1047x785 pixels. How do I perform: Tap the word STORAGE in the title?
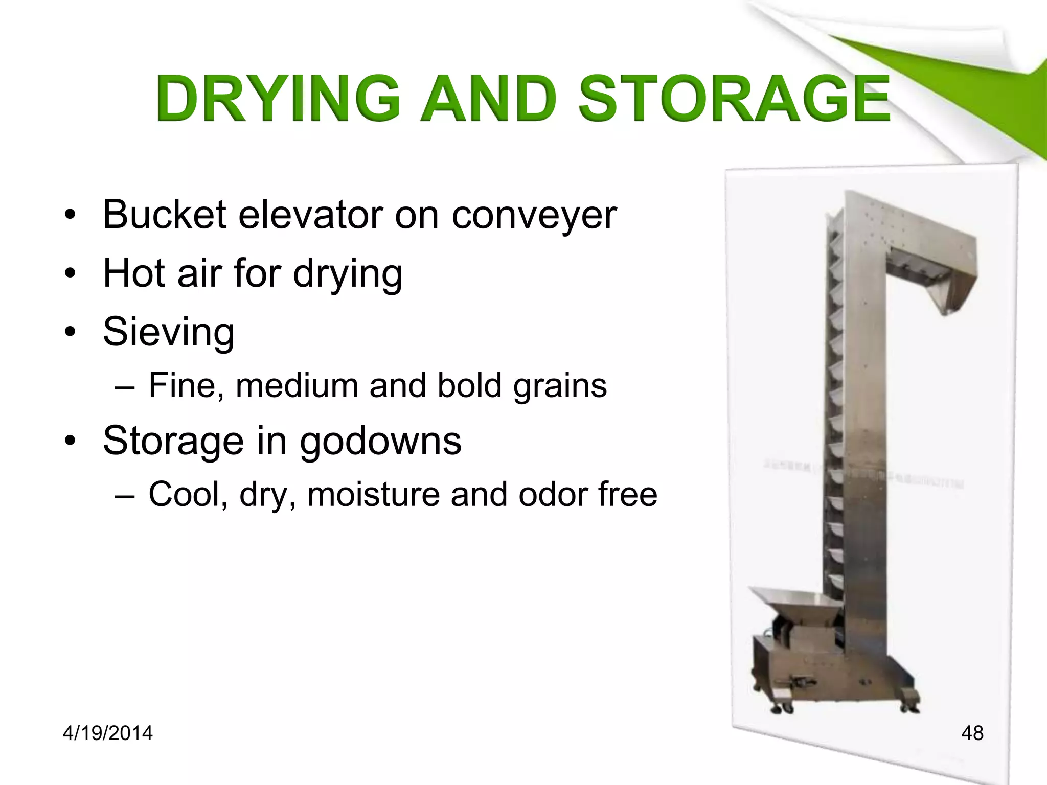[x=734, y=98]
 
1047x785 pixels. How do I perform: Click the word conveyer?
[x=534, y=215]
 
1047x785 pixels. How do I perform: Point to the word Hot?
[x=134, y=273]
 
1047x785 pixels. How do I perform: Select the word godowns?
[x=380, y=441]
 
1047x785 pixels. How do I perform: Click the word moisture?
[x=373, y=494]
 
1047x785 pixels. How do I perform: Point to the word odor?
[x=552, y=494]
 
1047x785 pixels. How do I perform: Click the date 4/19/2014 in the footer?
[x=107, y=733]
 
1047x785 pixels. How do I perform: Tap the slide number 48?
[x=972, y=733]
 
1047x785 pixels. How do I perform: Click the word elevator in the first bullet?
[x=310, y=214]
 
